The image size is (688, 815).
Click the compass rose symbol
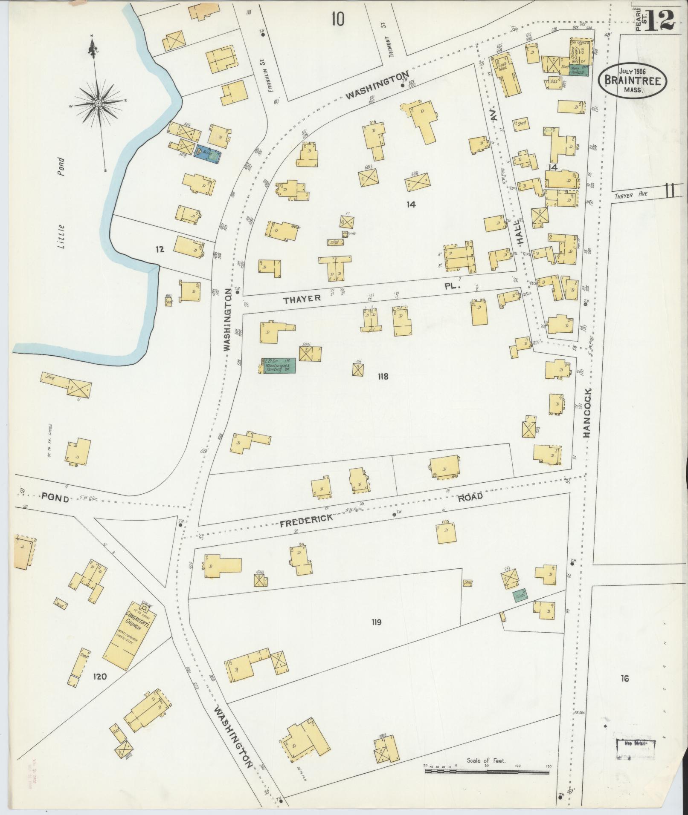pos(99,104)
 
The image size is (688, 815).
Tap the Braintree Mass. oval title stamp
pos(632,81)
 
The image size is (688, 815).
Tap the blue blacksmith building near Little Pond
pos(208,153)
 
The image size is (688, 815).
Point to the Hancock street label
pos(587,412)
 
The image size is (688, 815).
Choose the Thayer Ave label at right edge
pos(631,194)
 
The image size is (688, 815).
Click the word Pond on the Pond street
pos(55,497)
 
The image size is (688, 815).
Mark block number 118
pos(383,376)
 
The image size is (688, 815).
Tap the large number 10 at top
pos(337,19)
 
